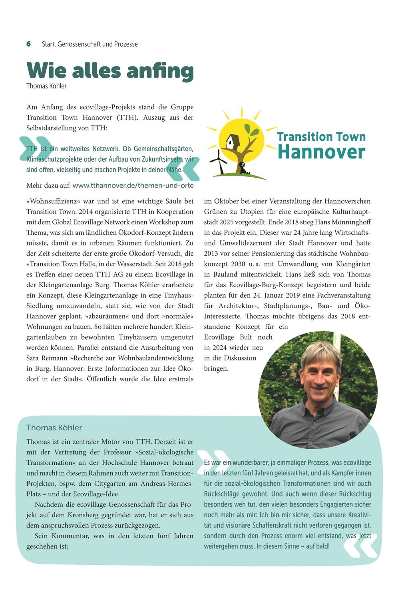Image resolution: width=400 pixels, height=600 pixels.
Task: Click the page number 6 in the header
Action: tap(28, 44)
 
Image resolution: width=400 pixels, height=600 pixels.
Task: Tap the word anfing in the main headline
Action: tap(160, 71)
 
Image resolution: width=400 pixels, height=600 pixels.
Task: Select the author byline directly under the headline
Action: tap(46, 86)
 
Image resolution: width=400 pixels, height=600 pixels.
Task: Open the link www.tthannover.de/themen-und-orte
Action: tap(133, 186)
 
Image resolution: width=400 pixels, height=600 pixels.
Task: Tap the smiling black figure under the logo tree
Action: tap(243, 166)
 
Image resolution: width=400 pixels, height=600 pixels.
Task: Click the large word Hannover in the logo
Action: tap(321, 152)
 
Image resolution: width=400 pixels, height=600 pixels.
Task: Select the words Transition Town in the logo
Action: tap(321, 137)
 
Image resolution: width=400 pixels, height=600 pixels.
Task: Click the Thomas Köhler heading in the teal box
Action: tap(54, 428)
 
